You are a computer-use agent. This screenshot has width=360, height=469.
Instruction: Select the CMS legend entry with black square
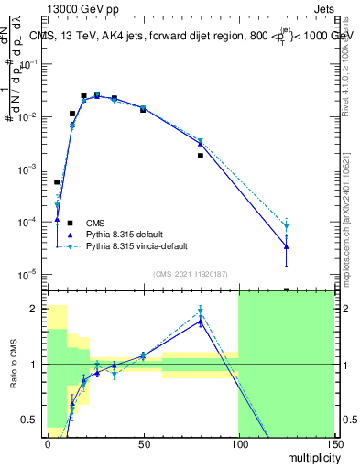(x=94, y=223)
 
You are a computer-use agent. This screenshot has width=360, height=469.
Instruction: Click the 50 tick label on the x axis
(x=143, y=443)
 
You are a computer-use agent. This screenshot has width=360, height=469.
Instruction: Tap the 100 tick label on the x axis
(x=238, y=443)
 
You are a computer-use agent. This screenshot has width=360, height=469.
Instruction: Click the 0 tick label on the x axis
(x=48, y=443)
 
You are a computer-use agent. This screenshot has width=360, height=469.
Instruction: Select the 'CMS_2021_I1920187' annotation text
(x=191, y=274)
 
